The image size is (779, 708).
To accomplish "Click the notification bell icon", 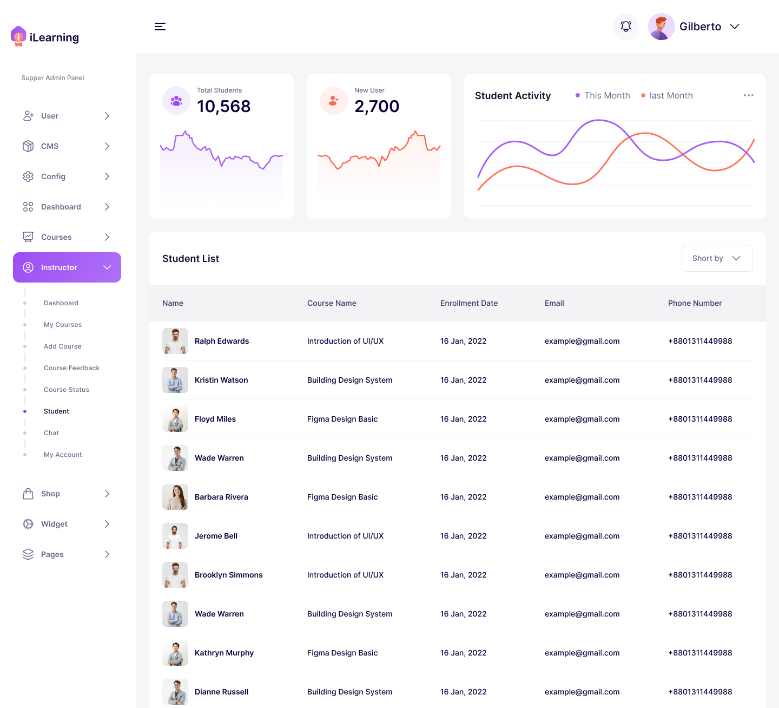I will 626,27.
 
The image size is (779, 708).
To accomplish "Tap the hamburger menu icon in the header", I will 160,27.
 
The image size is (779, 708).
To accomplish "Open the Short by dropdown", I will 717,258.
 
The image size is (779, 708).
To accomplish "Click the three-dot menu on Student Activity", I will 749,95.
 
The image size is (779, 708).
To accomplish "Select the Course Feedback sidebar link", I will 71,368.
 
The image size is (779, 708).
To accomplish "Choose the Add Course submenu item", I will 62,346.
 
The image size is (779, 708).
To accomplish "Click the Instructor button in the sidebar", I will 67,267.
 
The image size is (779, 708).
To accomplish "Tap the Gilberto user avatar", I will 661,27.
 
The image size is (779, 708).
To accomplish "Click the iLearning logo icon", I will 18,36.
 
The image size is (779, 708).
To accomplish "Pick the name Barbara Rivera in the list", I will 221,497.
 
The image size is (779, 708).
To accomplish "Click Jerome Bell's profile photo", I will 175,536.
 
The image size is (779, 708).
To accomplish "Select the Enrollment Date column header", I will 468,303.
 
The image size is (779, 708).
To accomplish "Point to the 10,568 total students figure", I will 223,107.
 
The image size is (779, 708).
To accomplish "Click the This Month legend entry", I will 603,95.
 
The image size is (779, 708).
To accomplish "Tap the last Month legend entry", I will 667,95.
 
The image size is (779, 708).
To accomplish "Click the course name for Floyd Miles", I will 342,419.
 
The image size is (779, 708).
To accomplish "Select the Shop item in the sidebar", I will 50,494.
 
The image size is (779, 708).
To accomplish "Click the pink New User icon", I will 334,101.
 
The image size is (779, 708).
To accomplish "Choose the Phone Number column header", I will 695,303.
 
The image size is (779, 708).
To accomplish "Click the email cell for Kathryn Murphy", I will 582,653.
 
